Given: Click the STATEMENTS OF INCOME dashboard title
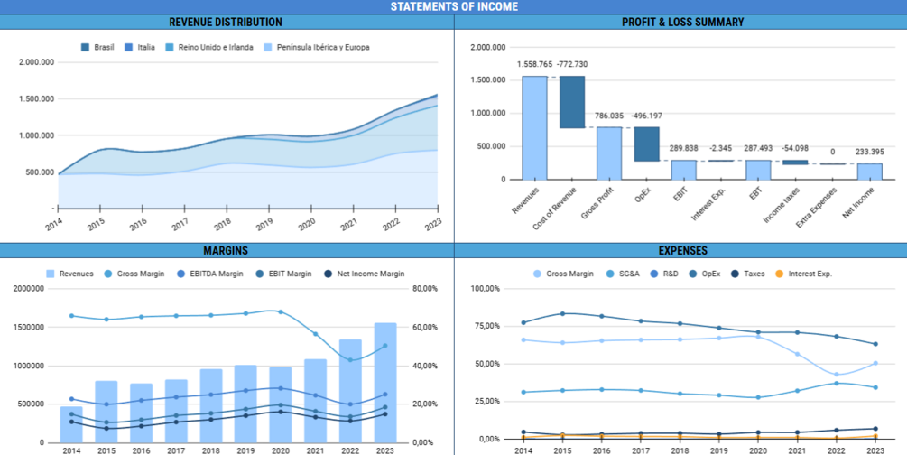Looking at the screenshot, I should tap(454, 6).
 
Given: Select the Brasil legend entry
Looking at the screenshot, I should tap(98, 47).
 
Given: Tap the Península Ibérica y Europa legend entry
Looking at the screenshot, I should tap(317, 47).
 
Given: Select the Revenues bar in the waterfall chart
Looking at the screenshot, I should tap(534, 127).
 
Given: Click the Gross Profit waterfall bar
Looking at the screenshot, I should tap(609, 153).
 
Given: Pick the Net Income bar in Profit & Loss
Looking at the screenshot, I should tap(870, 171).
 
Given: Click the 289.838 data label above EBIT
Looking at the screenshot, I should tap(683, 148).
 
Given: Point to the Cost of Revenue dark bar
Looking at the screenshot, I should tap(572, 102).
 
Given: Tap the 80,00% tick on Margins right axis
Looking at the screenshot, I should tap(425, 289).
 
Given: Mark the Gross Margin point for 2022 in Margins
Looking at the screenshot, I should tap(349, 359).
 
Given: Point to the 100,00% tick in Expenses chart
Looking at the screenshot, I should tap(486, 289).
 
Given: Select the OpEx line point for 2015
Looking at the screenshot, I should tap(563, 313).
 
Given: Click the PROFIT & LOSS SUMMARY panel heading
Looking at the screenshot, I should tap(682, 22).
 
